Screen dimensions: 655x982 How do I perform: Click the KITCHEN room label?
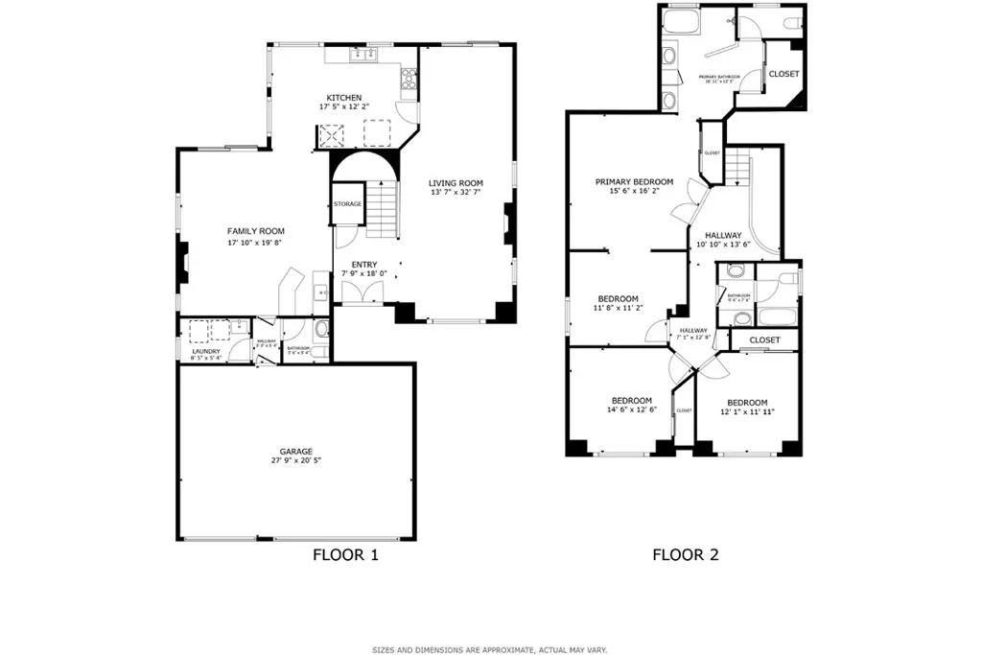344,98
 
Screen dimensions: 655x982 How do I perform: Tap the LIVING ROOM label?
456,183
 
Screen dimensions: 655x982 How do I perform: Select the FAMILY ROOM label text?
255,231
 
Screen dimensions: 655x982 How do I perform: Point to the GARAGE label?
296,451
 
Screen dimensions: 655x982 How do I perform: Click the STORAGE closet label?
347,204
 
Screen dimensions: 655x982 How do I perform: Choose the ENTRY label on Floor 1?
364,265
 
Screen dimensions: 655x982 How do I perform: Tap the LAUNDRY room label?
206,351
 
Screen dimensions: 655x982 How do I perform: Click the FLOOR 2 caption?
686,554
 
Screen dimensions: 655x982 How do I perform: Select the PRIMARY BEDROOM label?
634,181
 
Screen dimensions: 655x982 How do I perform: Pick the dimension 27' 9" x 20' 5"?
296,461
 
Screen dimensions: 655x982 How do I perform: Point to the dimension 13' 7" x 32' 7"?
456,193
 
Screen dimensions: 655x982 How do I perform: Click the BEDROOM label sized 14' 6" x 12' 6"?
632,400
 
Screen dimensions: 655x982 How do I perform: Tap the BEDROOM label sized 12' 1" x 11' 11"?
747,402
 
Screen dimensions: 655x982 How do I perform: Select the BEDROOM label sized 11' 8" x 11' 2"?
619,299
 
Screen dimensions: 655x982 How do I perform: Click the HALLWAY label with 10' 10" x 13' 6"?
723,235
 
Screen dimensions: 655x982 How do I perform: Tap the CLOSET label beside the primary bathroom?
783,74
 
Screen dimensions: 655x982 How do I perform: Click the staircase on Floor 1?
383,212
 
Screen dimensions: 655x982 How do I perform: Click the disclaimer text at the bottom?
490,649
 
